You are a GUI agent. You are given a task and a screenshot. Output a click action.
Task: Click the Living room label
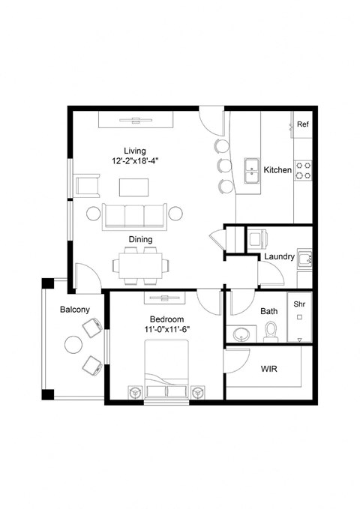click(136, 150)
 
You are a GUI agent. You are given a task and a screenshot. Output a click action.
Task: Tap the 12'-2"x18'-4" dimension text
click(136, 161)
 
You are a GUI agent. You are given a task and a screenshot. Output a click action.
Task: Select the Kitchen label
click(277, 170)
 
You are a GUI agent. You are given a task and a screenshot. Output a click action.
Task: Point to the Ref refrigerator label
click(303, 124)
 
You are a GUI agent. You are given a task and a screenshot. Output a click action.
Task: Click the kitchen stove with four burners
click(303, 170)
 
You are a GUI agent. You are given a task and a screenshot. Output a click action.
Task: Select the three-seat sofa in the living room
click(136, 215)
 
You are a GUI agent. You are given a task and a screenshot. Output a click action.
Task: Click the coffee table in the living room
click(136, 186)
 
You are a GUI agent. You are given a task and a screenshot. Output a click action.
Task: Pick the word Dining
click(140, 240)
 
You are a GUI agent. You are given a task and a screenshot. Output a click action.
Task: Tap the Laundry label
click(279, 257)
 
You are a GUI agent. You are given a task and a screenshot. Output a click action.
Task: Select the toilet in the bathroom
click(271, 329)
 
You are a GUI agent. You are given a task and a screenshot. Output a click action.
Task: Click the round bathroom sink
click(243, 332)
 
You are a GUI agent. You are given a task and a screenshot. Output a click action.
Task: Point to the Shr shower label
click(299, 304)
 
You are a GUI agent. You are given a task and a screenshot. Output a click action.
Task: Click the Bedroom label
click(166, 319)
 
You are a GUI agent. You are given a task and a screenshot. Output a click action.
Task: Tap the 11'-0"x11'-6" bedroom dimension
click(166, 330)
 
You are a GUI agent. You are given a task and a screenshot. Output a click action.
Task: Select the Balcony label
click(75, 310)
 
